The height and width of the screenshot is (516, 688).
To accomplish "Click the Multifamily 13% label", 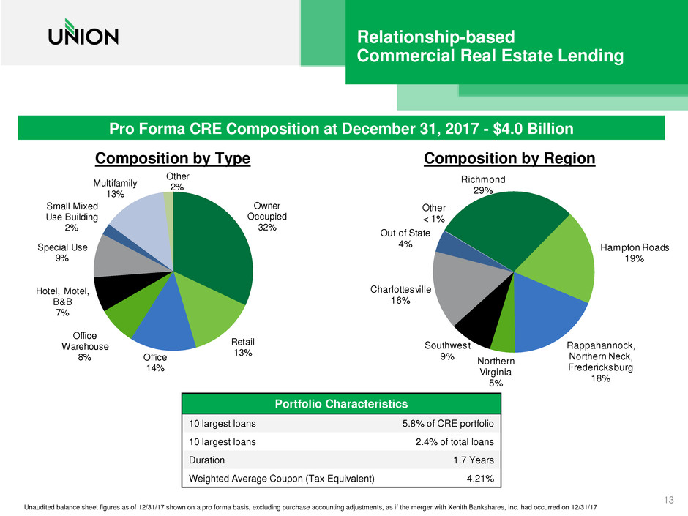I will [x=116, y=187].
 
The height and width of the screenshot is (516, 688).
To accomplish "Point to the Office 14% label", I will [x=155, y=362].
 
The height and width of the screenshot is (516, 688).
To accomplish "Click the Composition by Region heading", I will [x=509, y=160].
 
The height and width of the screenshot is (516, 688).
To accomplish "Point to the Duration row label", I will [x=207, y=460].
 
